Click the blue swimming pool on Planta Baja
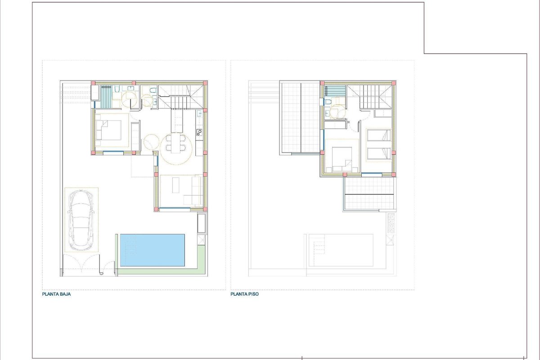click(153, 250)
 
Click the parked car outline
click(81, 220)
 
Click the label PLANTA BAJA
click(56, 294)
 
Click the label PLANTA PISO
click(244, 294)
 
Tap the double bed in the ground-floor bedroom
click(108, 130)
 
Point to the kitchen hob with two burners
click(199, 132)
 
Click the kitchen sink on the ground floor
click(199, 113)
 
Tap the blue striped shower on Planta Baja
click(106, 97)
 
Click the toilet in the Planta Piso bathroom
click(328, 102)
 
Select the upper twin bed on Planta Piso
click(379, 135)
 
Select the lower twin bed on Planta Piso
click(379, 153)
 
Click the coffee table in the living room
click(176, 185)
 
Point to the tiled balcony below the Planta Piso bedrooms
click(369, 193)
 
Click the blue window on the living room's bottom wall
click(175, 208)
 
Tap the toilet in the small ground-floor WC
click(153, 90)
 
